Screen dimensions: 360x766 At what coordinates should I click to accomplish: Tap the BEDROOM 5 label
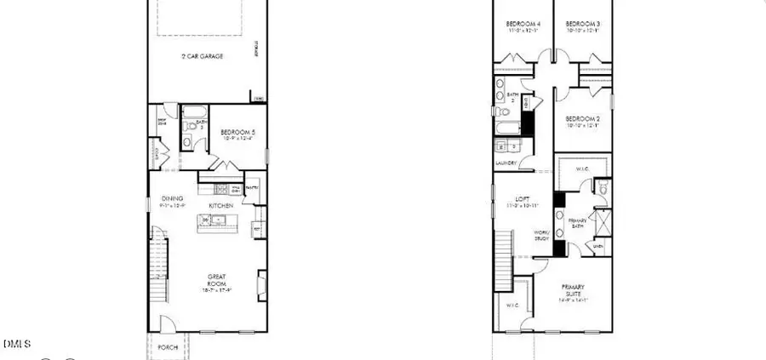(237, 132)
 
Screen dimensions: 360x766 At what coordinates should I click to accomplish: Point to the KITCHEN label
(221, 206)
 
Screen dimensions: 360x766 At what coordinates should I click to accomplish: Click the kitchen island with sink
(219, 223)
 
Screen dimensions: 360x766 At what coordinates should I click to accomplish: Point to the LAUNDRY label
(506, 163)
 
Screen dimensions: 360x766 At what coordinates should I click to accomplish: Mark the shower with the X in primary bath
(602, 225)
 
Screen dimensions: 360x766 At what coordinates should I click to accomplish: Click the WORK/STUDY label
(540, 235)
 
